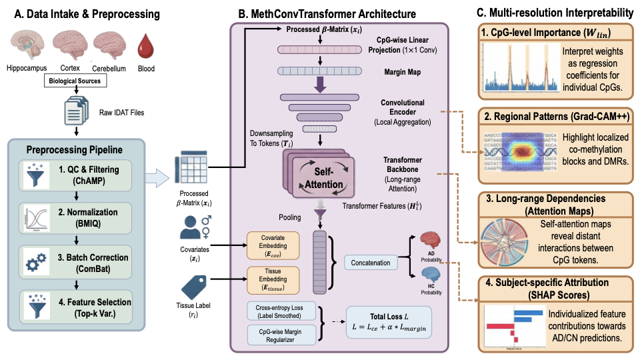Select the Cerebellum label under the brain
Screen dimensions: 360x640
point(109,68)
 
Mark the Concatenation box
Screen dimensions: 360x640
point(370,263)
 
